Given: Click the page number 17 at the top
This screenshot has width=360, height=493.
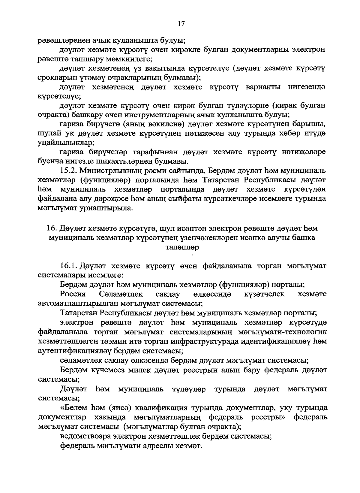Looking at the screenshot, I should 181,24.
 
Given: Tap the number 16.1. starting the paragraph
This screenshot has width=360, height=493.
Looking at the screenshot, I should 69,266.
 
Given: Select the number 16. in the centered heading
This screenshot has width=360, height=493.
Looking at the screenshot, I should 52,228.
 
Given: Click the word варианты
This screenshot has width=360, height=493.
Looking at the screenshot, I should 263,87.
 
